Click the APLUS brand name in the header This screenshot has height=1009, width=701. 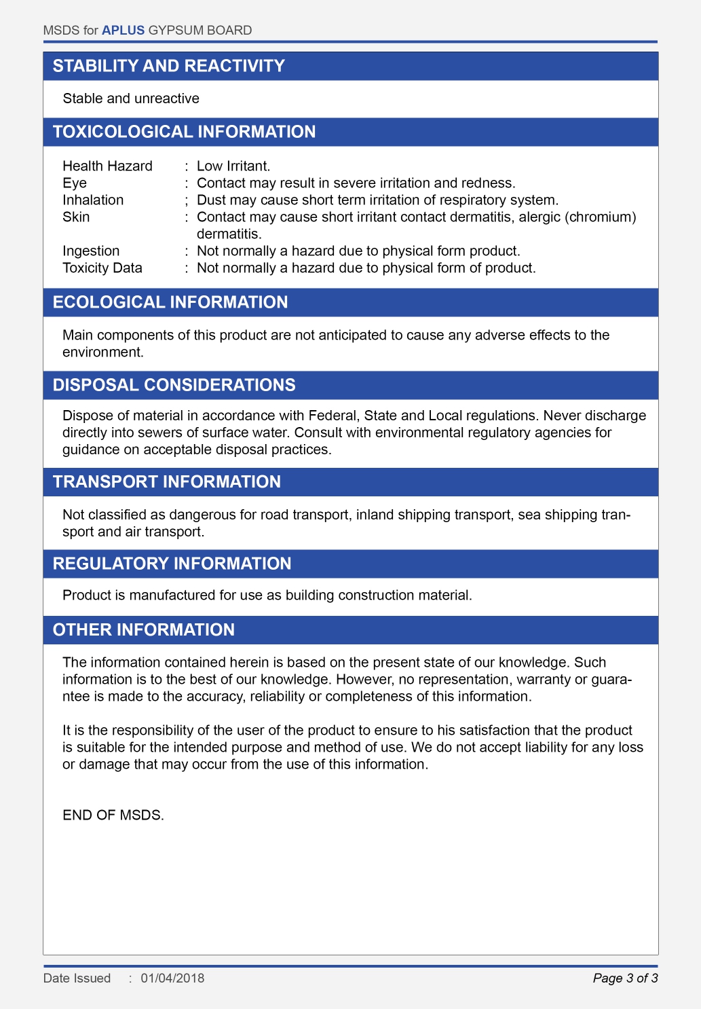(x=123, y=31)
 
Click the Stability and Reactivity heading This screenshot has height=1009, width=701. (x=169, y=66)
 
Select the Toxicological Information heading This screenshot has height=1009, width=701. (x=184, y=132)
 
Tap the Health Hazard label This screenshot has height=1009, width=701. (x=107, y=166)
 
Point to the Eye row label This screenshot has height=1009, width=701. (x=75, y=183)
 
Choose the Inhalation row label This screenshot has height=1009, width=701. (x=93, y=200)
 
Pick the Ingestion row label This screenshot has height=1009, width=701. (x=91, y=251)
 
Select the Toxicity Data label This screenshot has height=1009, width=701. (x=102, y=268)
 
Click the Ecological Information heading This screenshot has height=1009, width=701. (x=170, y=302)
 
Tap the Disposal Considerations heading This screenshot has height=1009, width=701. (x=174, y=385)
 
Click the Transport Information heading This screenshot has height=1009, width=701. (x=167, y=481)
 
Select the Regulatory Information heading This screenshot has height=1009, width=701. (x=172, y=564)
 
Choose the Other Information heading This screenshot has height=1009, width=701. (x=144, y=629)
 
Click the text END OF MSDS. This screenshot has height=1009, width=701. (x=113, y=815)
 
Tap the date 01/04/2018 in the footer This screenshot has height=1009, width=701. (x=172, y=978)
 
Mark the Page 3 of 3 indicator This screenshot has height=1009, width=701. (x=625, y=978)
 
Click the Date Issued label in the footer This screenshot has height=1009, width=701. (x=77, y=978)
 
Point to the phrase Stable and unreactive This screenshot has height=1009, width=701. (x=131, y=98)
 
